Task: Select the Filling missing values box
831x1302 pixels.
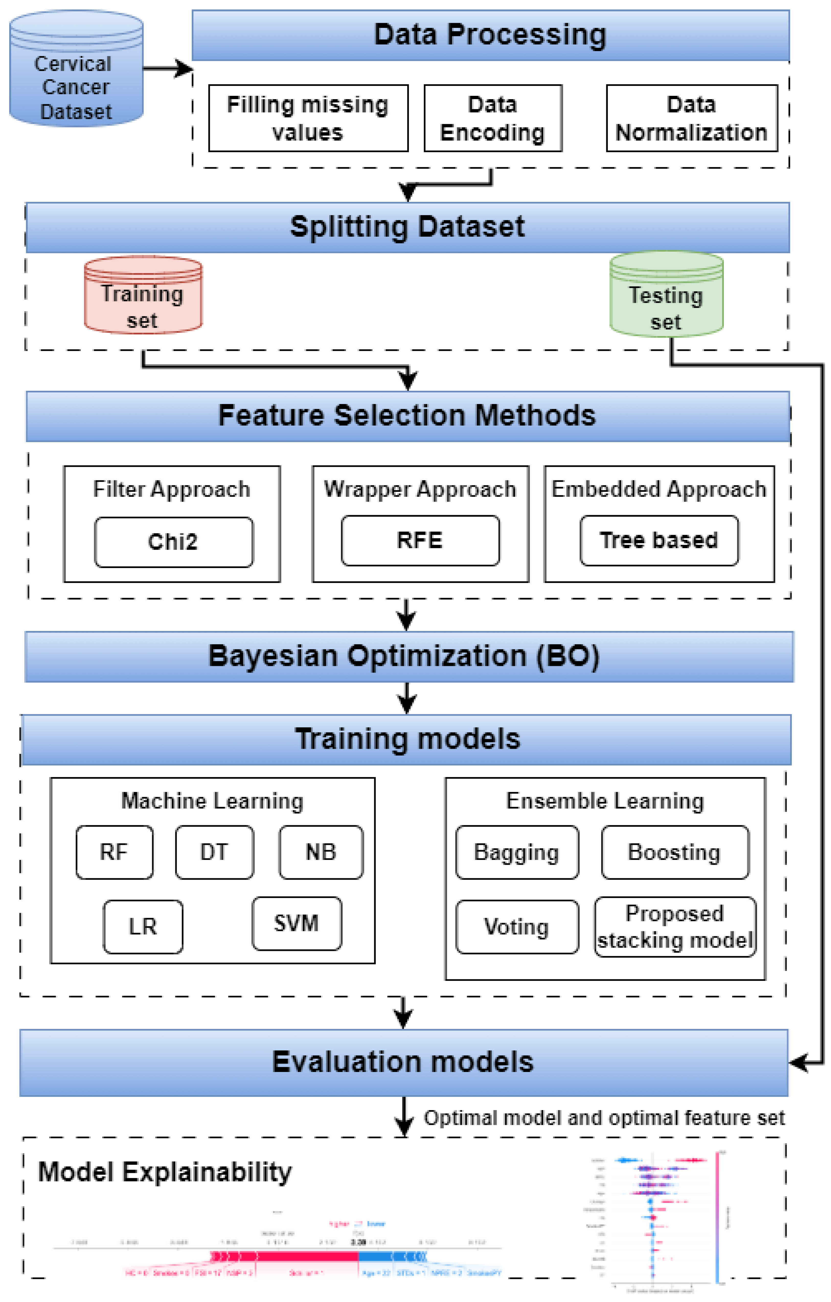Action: coord(308,118)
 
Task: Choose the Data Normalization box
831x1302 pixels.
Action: coord(691,118)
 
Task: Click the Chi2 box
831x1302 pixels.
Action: coord(173,542)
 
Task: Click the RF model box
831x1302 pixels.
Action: coord(114,852)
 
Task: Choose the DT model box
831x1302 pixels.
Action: coord(214,852)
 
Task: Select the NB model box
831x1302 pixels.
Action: coord(321,852)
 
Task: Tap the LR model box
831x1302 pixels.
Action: coord(143,927)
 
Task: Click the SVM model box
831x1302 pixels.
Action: coord(297,924)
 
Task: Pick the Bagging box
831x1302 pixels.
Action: coord(517,852)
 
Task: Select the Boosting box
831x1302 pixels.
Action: coord(675,852)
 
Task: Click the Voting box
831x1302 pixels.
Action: coord(517,927)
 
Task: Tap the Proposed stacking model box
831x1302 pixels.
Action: coord(675,927)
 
